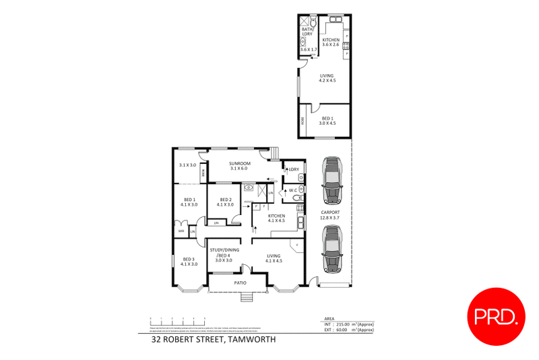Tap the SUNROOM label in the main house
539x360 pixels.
[x=239, y=164]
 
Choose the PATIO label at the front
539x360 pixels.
[x=239, y=282]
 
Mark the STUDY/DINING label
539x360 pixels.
[x=223, y=251]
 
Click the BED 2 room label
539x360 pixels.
[x=224, y=200]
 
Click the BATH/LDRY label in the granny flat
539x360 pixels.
[x=307, y=31]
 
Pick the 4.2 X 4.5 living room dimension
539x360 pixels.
[x=327, y=80]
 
